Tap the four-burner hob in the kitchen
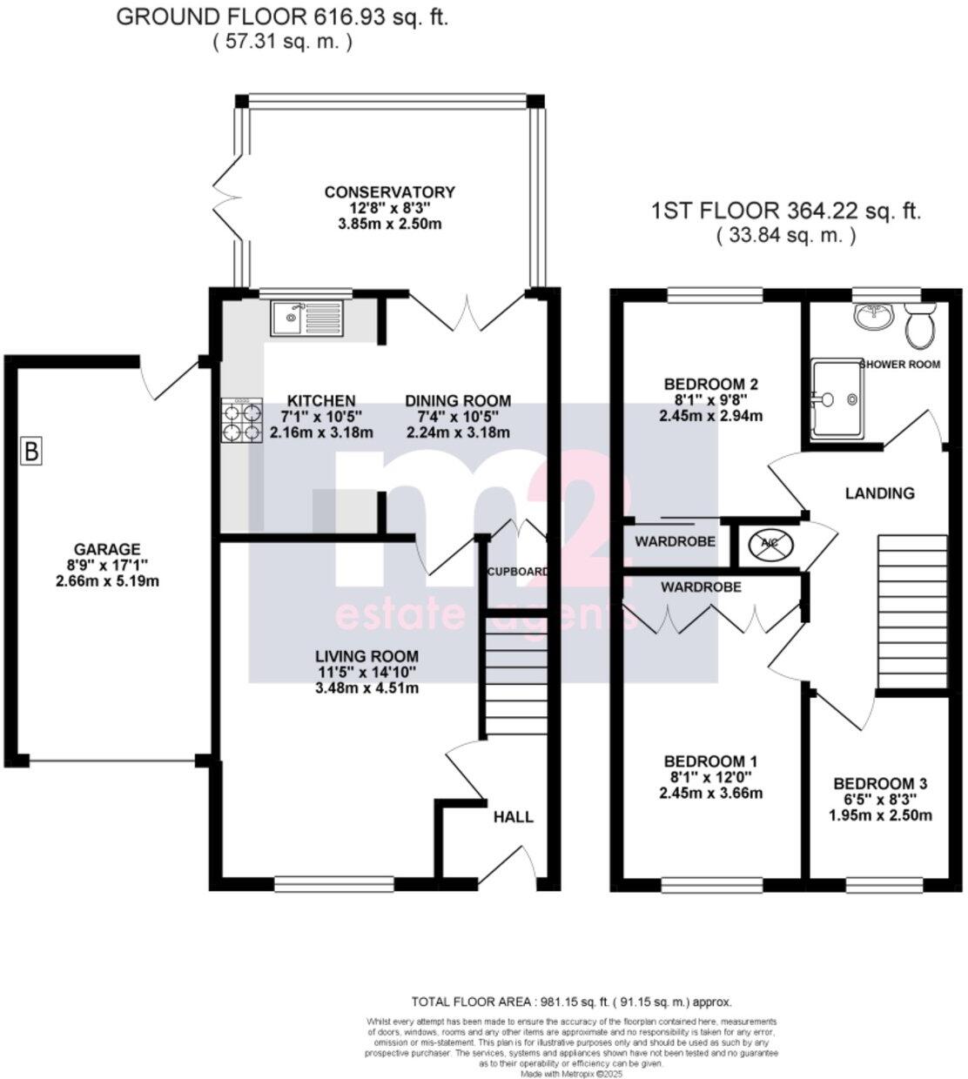[x=243, y=421]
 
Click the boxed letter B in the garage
[x=32, y=452]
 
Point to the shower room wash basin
[x=873, y=316]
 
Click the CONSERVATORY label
[x=389, y=192]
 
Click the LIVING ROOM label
[x=366, y=656]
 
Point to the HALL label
[x=514, y=817]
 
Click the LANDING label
[x=880, y=493]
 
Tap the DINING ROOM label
[x=457, y=401]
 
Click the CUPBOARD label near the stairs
[x=517, y=572]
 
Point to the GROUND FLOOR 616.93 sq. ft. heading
[x=282, y=17]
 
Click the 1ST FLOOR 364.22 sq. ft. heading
[x=786, y=211]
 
